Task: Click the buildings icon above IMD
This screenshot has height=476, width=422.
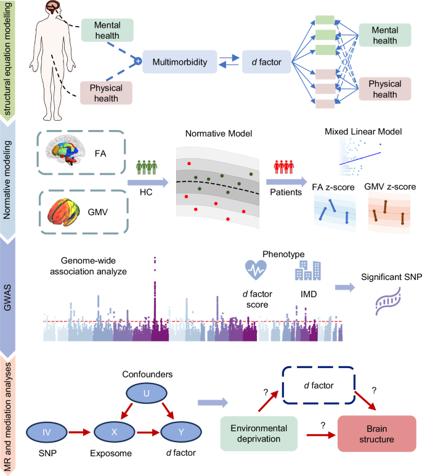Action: [306, 269]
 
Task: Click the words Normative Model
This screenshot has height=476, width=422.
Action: [211, 133]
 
